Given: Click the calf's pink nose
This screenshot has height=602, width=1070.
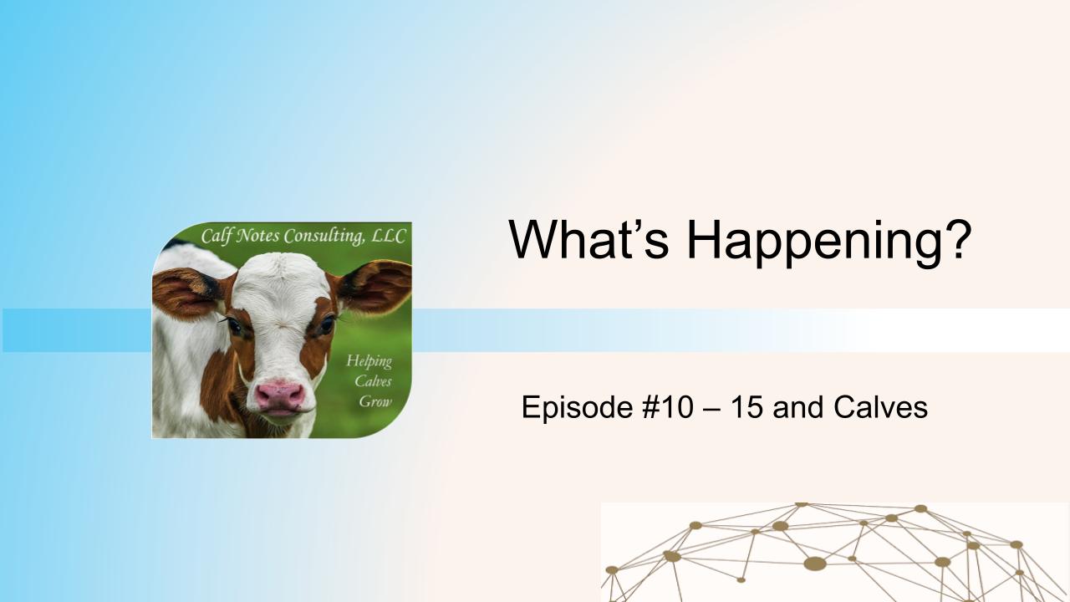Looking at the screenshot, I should [x=279, y=395].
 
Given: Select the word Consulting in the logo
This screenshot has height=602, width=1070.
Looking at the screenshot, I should [x=324, y=237].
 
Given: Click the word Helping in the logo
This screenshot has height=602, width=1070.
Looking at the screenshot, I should [x=369, y=361].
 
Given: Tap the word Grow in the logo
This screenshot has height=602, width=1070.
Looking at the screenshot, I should [x=375, y=400].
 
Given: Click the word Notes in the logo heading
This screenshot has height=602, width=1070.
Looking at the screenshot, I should [x=260, y=237].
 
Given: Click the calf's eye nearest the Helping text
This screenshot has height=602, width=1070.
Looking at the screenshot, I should [x=325, y=324].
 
